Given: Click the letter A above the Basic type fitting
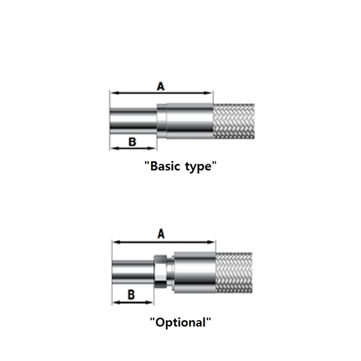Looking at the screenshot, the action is click(160, 87).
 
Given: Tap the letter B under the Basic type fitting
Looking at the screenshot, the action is click(132, 142).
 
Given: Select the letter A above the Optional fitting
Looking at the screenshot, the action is click(161, 234).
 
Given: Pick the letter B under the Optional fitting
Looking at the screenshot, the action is click(132, 295).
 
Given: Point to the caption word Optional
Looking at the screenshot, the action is click(180, 323).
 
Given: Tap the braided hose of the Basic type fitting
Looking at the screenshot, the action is click(234, 121).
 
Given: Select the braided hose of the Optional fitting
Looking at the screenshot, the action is click(234, 273).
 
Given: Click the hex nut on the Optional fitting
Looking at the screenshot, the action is click(160, 272).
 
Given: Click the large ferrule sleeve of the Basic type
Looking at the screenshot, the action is click(190, 121).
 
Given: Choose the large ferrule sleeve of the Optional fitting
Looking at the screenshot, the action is click(195, 272).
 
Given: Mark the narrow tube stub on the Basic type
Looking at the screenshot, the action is click(134, 121).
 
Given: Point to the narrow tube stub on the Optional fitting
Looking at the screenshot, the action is click(133, 272).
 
